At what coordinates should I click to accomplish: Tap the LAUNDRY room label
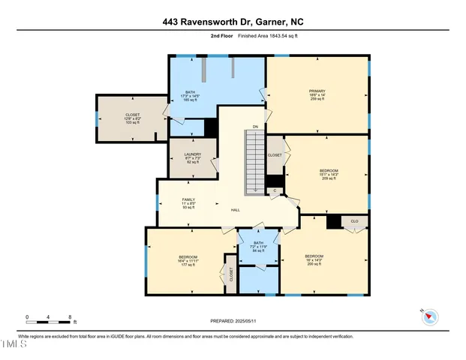193,158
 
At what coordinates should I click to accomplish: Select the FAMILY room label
188,203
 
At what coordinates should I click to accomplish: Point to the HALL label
236,210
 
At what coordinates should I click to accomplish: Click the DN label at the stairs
256,127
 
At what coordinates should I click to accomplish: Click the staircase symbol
256,160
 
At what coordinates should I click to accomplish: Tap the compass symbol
430,316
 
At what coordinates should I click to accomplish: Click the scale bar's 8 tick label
70,317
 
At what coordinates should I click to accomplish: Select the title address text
233,23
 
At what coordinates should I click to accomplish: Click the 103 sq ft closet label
132,118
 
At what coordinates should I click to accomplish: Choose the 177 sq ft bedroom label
188,261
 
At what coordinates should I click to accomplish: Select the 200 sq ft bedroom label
313,260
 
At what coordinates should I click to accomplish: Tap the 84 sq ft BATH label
258,246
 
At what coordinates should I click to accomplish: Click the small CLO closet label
354,221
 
